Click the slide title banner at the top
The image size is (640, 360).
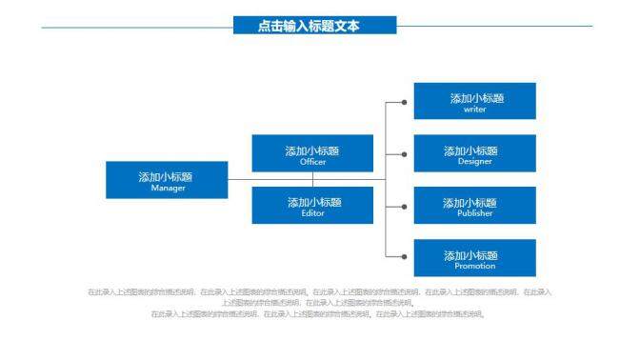click(x=313, y=26)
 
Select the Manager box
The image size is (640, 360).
click(x=167, y=180)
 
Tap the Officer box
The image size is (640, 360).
click(x=312, y=153)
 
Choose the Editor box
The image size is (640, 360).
click(x=312, y=206)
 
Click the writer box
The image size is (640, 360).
click(x=474, y=101)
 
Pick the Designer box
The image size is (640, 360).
click(x=474, y=153)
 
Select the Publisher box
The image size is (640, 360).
click(x=474, y=206)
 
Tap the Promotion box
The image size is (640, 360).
click(x=474, y=258)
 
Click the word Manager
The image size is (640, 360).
click(x=168, y=188)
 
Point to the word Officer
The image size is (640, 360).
click(x=312, y=162)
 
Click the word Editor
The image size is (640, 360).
click(x=312, y=213)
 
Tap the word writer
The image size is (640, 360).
click(x=474, y=110)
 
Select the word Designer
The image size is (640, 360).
click(x=474, y=162)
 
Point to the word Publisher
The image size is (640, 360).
click(x=474, y=213)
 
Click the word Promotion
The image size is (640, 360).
click(x=474, y=266)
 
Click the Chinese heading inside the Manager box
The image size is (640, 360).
click(x=166, y=176)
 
